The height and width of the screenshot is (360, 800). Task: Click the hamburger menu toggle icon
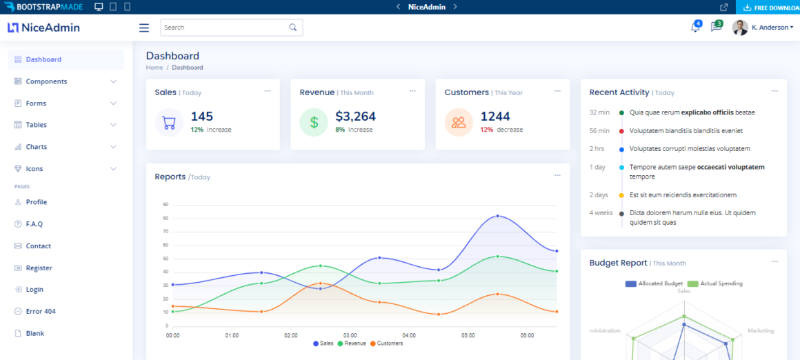[x=144, y=28]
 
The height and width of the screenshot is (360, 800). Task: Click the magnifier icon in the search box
[x=293, y=28]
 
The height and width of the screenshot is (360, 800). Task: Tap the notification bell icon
[x=695, y=28]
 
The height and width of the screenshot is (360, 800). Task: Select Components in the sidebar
[x=46, y=81]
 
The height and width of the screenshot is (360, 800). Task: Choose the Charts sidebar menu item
[x=37, y=147]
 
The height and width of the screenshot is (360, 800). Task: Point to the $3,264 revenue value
[x=355, y=117]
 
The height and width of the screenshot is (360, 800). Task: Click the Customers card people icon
[x=459, y=123]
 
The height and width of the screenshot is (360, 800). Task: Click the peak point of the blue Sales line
[x=498, y=216]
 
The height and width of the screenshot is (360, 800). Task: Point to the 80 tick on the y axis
[x=166, y=218]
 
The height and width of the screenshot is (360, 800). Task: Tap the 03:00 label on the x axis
[x=350, y=335]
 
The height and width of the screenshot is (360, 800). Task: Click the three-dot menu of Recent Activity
[x=774, y=91]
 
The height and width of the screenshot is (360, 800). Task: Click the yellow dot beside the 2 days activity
[x=621, y=195]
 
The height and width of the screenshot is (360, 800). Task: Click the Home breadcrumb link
[x=154, y=68]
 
